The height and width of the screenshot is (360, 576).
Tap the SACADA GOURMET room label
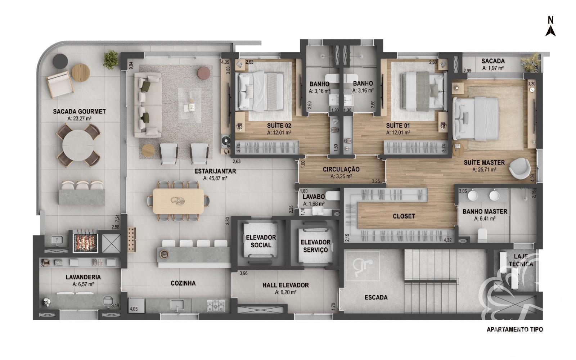(79, 112)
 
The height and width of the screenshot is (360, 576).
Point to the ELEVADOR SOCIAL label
(261, 241)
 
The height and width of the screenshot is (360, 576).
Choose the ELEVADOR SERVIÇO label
(315, 246)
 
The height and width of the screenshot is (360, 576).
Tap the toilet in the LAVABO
(333, 196)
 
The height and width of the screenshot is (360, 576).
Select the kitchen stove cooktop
(216, 306)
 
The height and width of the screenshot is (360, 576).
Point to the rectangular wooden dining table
(178, 201)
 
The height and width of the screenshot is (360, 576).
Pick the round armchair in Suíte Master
(520, 168)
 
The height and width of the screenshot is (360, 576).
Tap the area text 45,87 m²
(215, 178)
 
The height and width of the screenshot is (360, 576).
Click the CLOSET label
(404, 216)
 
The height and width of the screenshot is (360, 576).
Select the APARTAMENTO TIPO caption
(514, 329)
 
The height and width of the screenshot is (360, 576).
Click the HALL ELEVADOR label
(285, 285)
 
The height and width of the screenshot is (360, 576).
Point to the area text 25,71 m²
(484, 170)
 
